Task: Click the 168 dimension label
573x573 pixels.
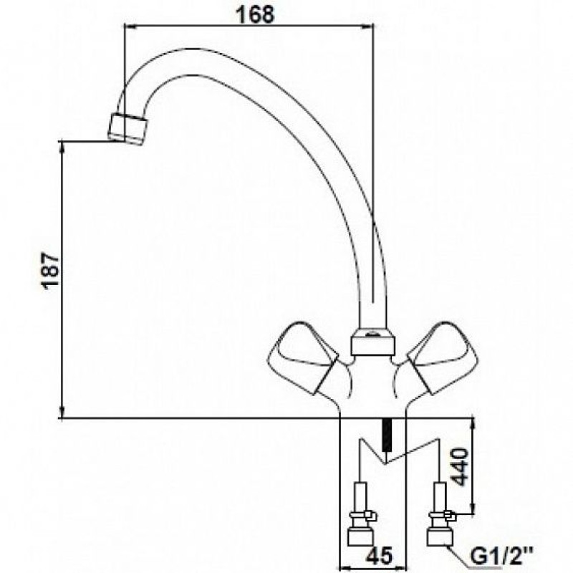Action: pos(255,14)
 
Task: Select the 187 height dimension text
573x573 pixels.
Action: pos(51,271)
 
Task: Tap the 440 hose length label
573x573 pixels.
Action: pos(458,468)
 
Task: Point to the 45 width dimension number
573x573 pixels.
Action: pos(379,556)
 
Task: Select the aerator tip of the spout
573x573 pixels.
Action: pos(128,130)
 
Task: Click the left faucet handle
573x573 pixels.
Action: pos(302,357)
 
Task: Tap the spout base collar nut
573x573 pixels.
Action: pos(372,342)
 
